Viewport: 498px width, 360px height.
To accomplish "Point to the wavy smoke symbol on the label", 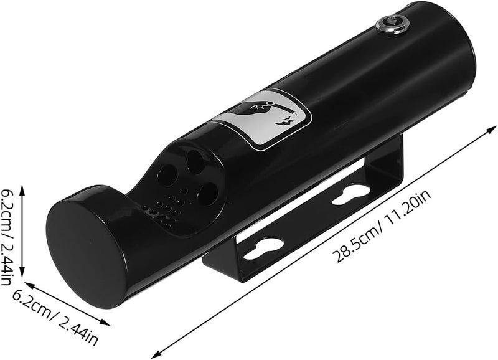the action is click(x=284, y=121).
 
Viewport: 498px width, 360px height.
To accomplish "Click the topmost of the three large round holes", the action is click(x=195, y=161).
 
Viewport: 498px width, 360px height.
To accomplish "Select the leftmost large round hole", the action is click(x=167, y=176).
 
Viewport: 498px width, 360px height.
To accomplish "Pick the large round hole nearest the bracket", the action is click(x=208, y=194).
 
